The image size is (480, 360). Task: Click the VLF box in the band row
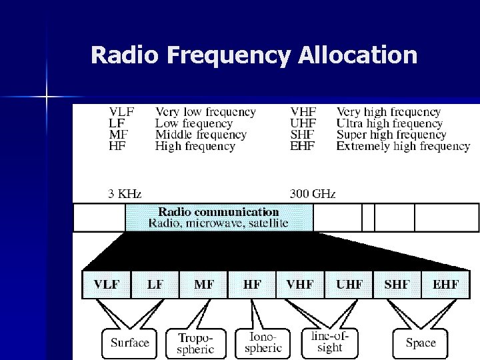[107, 285]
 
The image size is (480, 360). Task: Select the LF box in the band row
[155, 285]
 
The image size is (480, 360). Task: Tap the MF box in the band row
[203, 285]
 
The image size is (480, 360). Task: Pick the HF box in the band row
[252, 285]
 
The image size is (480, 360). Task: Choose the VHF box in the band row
[301, 285]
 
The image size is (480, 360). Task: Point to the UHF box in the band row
[349, 285]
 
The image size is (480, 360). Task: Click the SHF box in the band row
[397, 285]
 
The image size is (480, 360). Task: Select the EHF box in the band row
[445, 285]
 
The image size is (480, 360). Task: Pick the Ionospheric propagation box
[260, 343]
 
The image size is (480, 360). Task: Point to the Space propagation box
[420, 343]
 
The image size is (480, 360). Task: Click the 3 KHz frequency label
[126, 194]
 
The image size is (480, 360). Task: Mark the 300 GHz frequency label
[312, 194]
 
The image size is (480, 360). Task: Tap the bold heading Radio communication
[218, 212]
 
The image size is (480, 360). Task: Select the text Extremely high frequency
[403, 145]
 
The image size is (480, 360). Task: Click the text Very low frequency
[205, 112]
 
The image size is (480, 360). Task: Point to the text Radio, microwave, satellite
[218, 223]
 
